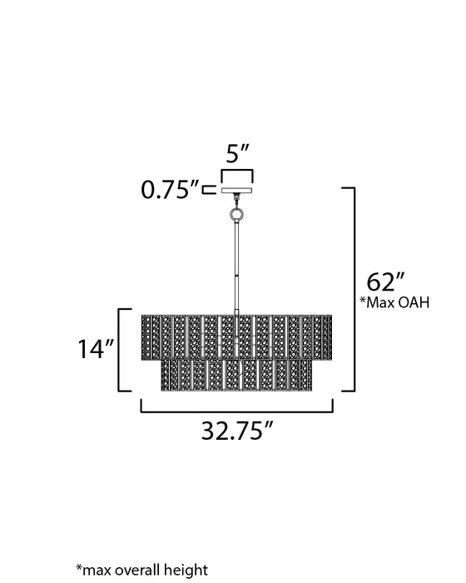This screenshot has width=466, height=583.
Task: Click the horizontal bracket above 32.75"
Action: (236, 409)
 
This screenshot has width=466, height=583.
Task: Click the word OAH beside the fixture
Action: (414, 303)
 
